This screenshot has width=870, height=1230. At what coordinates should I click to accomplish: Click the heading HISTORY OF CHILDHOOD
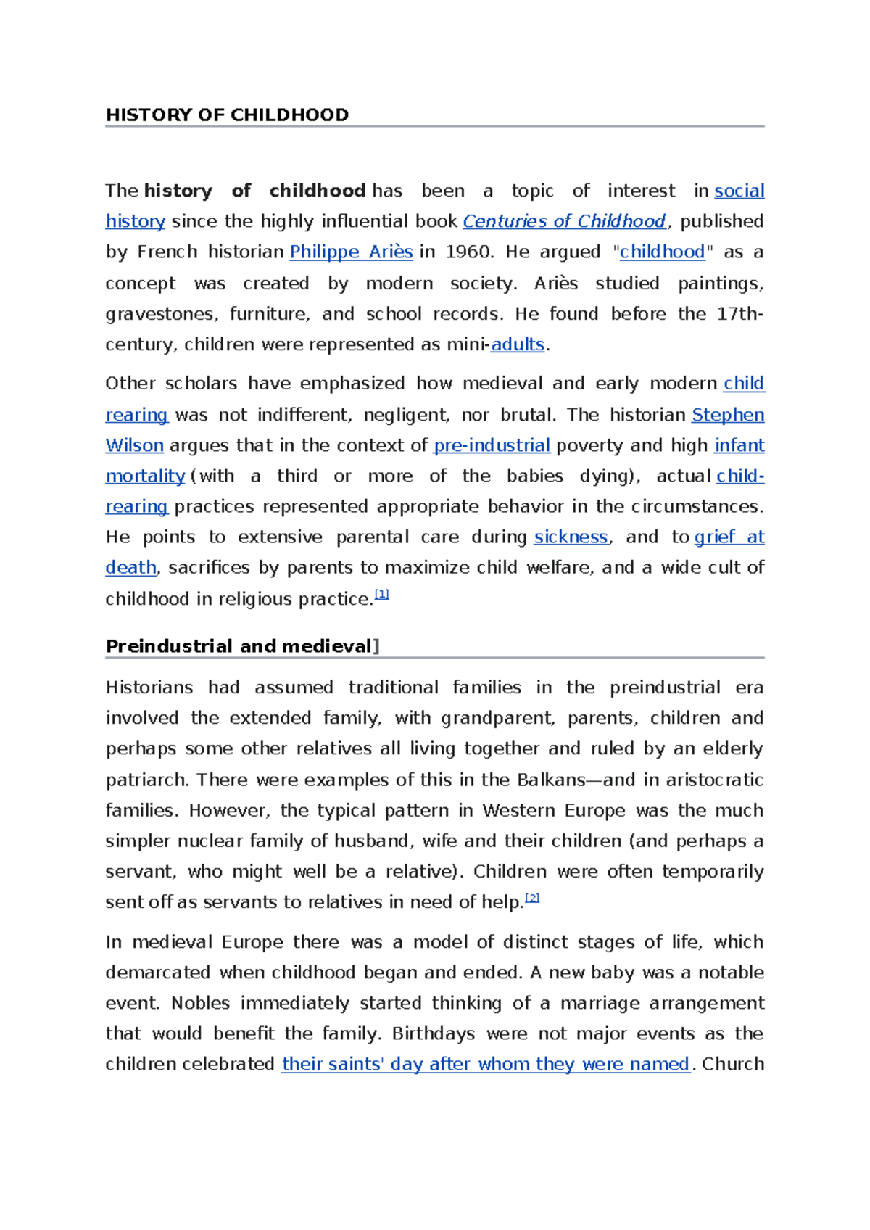(x=227, y=115)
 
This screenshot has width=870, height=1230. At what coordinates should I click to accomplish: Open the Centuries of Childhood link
(x=564, y=221)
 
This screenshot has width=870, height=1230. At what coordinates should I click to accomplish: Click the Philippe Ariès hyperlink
(x=351, y=252)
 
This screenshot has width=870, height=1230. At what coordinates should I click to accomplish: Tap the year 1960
(x=468, y=252)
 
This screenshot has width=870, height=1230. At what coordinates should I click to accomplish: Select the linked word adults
(x=517, y=344)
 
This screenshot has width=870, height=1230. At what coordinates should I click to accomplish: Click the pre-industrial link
(x=492, y=445)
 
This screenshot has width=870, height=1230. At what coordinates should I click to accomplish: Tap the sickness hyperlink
(x=571, y=537)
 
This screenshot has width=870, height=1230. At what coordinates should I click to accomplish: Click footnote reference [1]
(x=382, y=595)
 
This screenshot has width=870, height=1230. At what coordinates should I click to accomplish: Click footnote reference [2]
(x=532, y=898)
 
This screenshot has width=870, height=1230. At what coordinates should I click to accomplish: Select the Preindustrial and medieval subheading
(x=239, y=646)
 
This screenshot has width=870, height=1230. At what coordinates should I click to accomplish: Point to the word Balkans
(x=551, y=780)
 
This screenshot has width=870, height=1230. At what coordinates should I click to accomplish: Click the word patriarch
(x=146, y=780)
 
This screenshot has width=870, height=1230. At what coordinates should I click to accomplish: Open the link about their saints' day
(x=485, y=1064)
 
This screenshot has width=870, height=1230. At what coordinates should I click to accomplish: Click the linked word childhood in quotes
(x=662, y=252)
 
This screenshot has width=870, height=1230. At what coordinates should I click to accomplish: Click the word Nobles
(x=201, y=1003)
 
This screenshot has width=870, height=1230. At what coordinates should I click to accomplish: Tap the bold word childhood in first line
(x=317, y=191)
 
